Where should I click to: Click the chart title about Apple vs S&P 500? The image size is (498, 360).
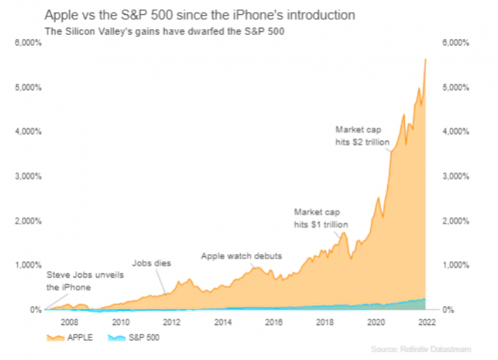coord(200,15)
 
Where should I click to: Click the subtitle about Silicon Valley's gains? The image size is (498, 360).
coord(164,31)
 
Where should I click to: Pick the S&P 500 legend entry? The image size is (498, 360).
coord(135,337)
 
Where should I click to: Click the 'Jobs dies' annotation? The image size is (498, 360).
coord(152,263)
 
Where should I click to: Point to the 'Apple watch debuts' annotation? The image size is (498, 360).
coord(241,255)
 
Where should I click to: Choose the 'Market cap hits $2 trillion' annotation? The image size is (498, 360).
coord(363,135)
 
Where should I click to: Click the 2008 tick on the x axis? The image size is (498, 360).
coord(70,322)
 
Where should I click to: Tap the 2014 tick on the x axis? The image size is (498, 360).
coord(223,322)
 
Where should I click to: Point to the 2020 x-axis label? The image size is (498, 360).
coord(376,322)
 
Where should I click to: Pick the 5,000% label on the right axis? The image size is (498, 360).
coord(456,88)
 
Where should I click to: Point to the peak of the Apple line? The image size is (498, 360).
coord(425,59)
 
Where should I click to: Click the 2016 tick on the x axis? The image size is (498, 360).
coord(275,322)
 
